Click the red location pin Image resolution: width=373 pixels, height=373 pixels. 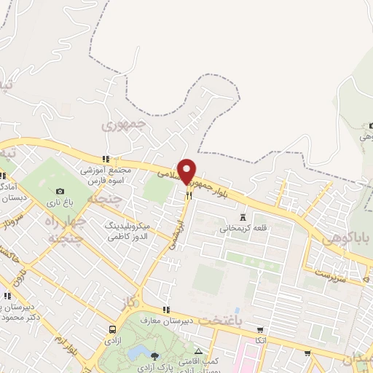coord(187,170)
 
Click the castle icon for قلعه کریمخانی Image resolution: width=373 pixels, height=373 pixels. coord(243,216)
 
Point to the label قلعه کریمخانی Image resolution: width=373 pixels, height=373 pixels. coord(240,228)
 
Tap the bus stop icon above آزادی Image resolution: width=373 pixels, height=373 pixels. coord(111,329)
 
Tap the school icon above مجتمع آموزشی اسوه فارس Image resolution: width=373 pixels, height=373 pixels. coord(106,159)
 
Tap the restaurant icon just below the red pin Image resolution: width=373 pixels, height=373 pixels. coord(189,195)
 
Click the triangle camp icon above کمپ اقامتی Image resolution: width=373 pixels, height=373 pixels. coord(198,351)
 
